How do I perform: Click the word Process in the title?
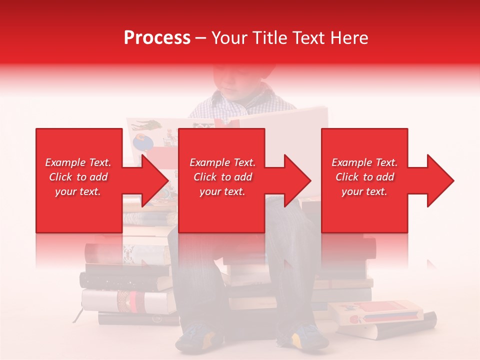(x=157, y=38)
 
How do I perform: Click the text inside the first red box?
(x=78, y=177)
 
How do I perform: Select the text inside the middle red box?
(x=222, y=177)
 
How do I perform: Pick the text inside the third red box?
(x=364, y=177)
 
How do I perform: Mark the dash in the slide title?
(x=200, y=38)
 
